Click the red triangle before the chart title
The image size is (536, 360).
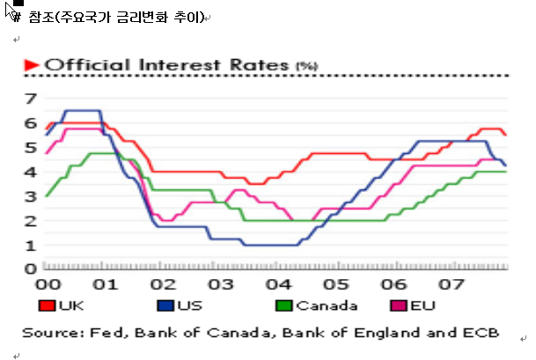point(31,64)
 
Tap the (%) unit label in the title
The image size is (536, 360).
point(306,66)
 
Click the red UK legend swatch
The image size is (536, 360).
point(46,307)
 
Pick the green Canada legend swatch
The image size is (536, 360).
point(283,307)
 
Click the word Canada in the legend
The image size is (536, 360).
point(327,307)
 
